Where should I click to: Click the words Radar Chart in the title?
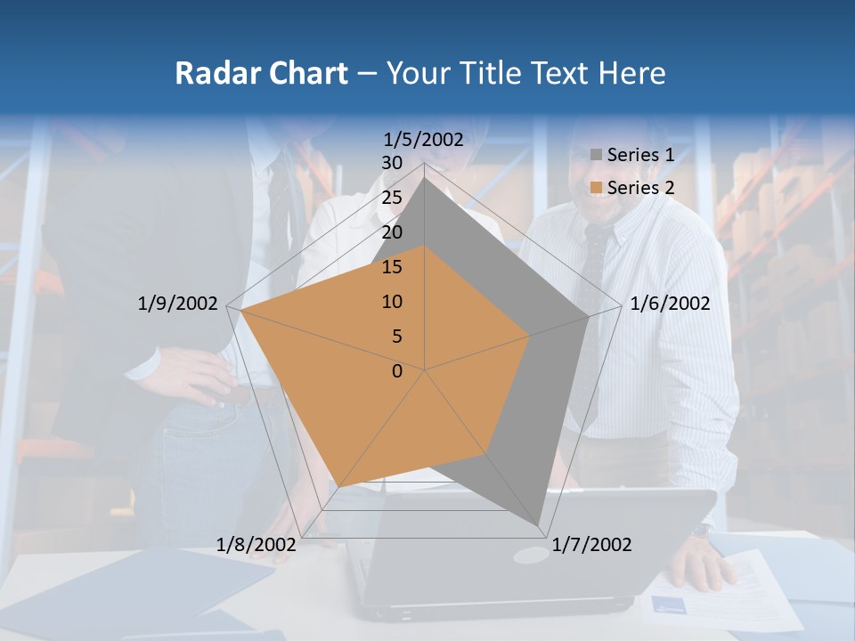[261, 73]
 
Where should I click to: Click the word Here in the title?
[631, 73]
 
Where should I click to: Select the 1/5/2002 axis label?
[424, 139]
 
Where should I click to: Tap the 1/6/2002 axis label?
[670, 304]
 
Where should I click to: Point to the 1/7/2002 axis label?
[591, 545]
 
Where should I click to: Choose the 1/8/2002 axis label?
[256, 545]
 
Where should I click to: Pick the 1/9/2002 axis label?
[178, 304]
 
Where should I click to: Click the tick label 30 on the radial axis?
[392, 163]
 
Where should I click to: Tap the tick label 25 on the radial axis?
[392, 198]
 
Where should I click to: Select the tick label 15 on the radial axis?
[392, 267]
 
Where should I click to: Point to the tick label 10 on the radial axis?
[392, 302]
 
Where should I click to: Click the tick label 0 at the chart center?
[397, 371]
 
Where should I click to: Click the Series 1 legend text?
[640, 155]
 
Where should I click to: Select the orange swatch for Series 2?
[596, 188]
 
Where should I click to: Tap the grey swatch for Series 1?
[596, 156]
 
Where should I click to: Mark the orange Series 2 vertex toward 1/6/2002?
[530, 336]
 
